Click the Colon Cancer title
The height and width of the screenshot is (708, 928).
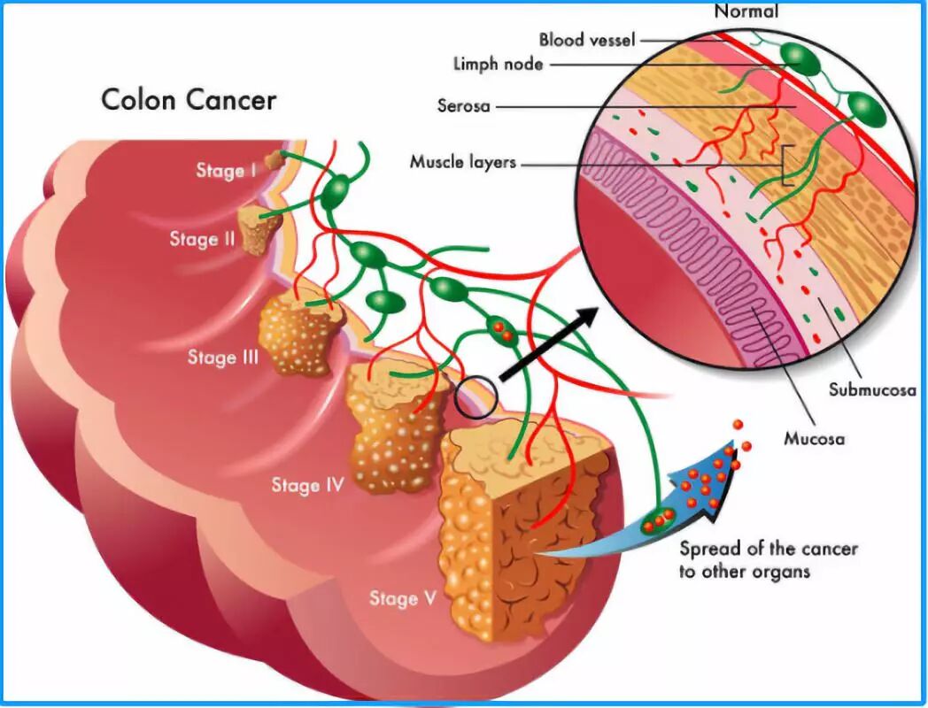click(189, 98)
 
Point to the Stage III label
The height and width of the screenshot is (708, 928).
click(223, 358)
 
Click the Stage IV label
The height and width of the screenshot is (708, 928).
click(307, 485)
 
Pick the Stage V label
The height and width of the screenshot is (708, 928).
click(403, 598)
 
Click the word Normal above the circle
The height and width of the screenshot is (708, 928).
click(746, 12)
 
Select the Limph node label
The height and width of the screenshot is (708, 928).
click(498, 65)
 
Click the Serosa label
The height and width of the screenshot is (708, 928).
click(464, 105)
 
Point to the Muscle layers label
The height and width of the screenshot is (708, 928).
click(462, 163)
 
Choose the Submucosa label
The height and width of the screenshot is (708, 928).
click(872, 389)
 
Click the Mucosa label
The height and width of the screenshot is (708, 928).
click(814, 438)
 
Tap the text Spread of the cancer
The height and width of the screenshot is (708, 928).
click(768, 549)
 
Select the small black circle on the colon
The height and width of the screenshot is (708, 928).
click(476, 397)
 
